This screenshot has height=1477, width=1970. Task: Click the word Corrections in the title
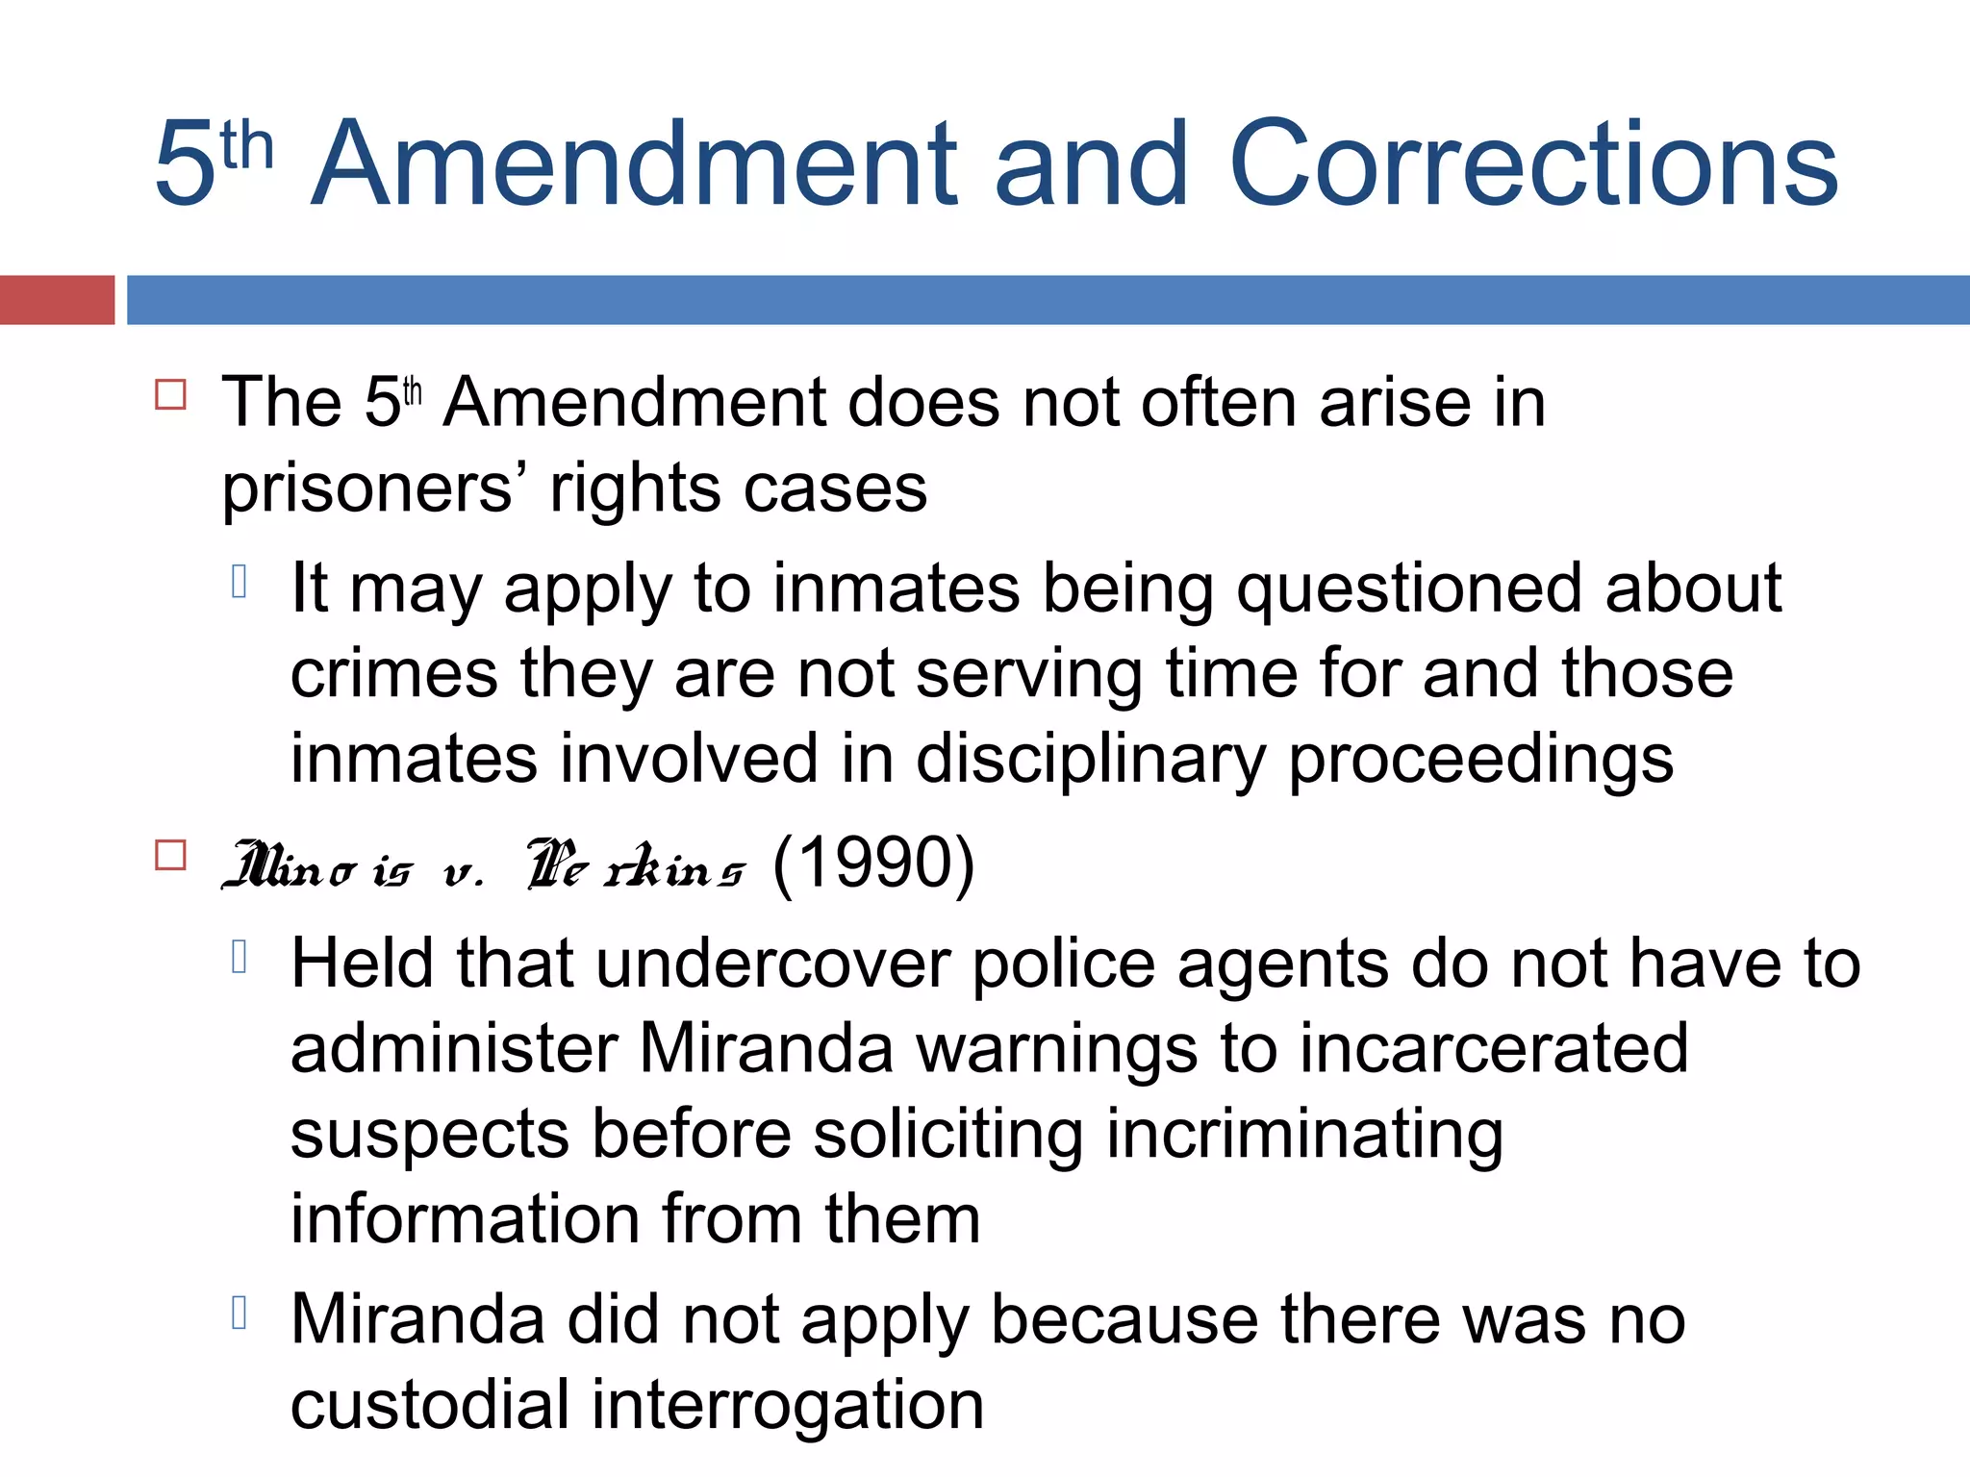[1533, 163]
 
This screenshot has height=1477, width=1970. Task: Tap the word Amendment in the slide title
[635, 163]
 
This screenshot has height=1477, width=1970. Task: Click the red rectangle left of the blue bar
[57, 300]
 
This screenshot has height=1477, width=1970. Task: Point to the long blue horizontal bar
[1048, 300]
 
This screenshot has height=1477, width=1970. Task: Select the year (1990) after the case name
[873, 863]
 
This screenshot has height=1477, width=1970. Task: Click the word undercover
[773, 964]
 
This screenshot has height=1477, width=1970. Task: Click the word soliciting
[948, 1134]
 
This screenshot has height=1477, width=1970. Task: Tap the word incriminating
[1304, 1134]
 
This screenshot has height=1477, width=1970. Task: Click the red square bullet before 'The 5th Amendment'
[170, 395]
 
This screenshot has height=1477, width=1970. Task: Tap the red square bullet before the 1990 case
[170, 855]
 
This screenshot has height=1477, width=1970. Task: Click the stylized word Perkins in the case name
[636, 864]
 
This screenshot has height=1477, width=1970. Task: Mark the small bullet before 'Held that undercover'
[240, 957]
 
